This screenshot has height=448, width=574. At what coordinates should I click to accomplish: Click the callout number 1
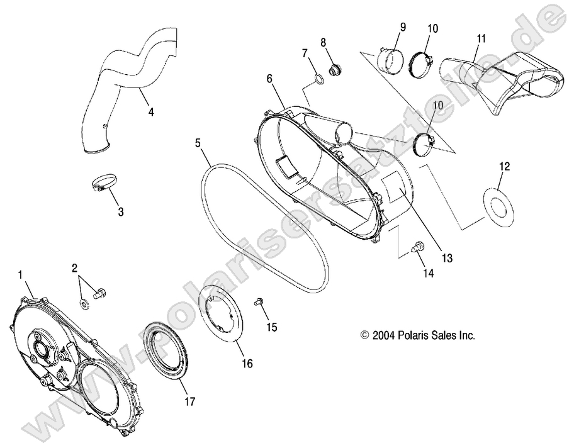(21, 274)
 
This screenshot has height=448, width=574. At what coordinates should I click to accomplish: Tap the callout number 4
(150, 113)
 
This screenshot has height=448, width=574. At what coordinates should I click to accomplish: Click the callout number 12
(504, 167)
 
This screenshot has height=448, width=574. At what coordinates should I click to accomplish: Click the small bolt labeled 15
(259, 303)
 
